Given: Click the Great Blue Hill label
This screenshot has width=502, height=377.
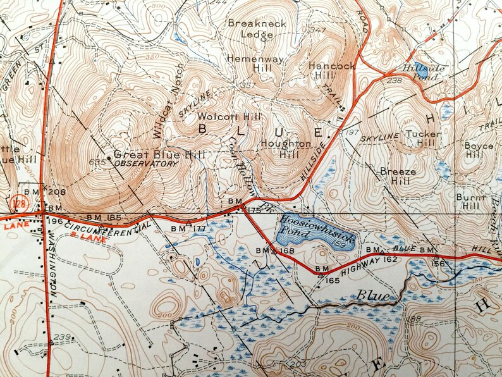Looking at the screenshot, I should point(147,155).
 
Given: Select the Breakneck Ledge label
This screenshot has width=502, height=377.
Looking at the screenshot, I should point(257,28).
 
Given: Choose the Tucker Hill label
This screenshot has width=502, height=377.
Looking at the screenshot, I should point(422,139).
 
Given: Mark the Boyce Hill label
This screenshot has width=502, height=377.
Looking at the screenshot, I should point(479,151).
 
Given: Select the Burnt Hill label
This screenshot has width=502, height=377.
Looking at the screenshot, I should point(471,202).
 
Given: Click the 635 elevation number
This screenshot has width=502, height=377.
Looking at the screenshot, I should point(97,161).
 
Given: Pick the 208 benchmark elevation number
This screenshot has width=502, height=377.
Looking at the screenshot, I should point(57,192).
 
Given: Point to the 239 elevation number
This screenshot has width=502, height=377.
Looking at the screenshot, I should point(61,337).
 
